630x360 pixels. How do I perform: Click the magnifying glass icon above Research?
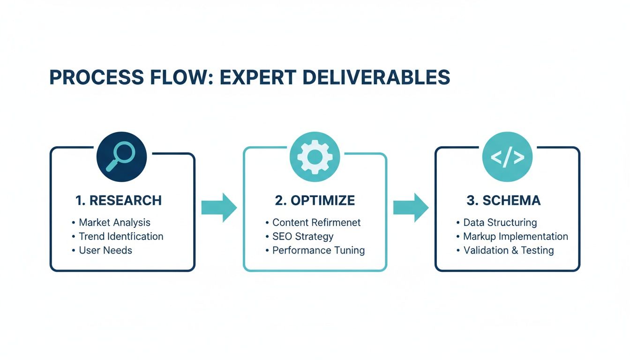(121, 157)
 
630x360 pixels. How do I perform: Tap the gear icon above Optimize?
(315, 157)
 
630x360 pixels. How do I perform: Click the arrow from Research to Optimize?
(219, 207)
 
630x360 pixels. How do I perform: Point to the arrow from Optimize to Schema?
(411, 207)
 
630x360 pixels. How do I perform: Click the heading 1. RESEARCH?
(119, 201)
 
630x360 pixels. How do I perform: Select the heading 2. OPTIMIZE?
(315, 201)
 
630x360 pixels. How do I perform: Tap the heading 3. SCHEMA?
(504, 201)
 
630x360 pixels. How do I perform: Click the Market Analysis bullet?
(114, 222)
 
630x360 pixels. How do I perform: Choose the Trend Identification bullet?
(121, 236)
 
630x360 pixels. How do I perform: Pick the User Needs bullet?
(105, 250)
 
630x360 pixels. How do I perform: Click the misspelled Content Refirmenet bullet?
(316, 222)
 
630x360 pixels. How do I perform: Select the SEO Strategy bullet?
(303, 236)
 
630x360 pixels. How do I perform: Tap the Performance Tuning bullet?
(318, 250)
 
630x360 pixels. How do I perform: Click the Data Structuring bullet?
(500, 222)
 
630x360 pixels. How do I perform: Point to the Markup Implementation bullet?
(515, 236)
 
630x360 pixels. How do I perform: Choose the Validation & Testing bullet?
(509, 250)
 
